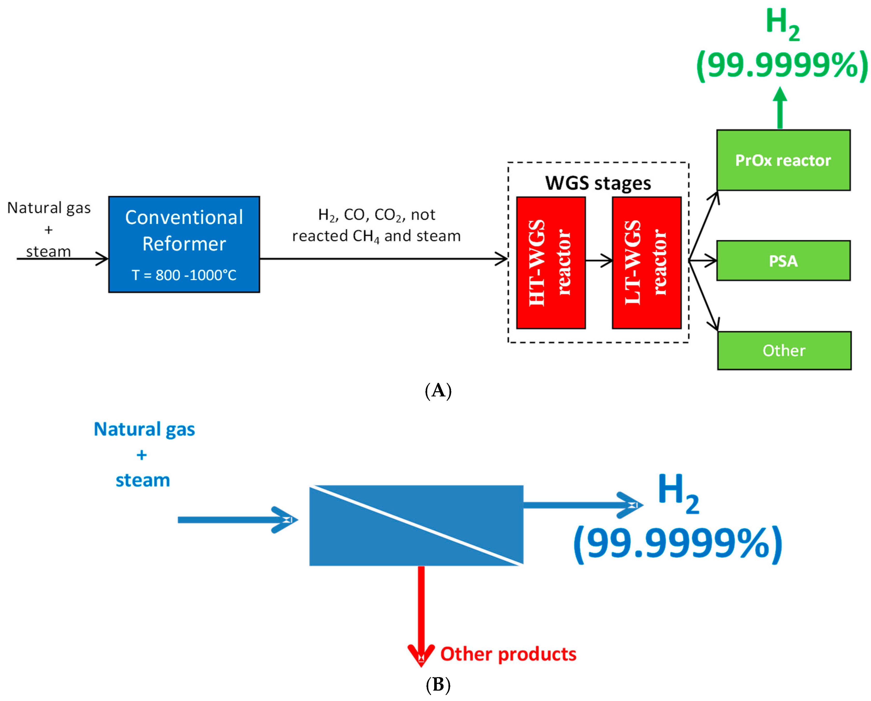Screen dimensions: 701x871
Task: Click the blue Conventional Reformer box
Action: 184,244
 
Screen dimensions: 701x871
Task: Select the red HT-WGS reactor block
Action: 551,263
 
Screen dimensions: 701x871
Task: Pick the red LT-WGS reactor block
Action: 647,263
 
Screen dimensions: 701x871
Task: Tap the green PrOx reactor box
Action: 783,160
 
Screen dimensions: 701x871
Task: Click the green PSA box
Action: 783,261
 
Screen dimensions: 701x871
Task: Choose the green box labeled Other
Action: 784,350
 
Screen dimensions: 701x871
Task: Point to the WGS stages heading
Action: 598,183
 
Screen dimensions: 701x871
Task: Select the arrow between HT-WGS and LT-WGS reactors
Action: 599,261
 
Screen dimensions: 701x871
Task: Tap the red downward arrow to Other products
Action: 421,615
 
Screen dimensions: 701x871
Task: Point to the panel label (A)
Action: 438,391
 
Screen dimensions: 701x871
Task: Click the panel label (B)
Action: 438,685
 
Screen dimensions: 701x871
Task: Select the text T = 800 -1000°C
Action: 184,275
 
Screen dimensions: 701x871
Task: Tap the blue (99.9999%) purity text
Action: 678,544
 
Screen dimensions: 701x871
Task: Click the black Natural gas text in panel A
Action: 49,208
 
